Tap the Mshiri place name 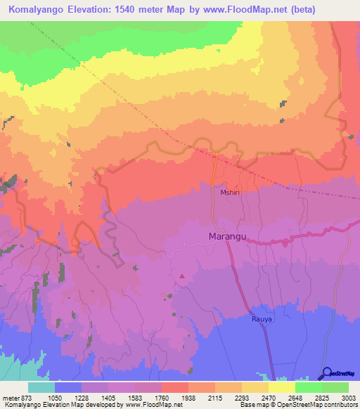231,191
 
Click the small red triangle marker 182,275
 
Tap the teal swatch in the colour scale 41,387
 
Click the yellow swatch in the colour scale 282,387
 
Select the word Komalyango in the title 40,10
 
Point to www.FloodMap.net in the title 241,10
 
